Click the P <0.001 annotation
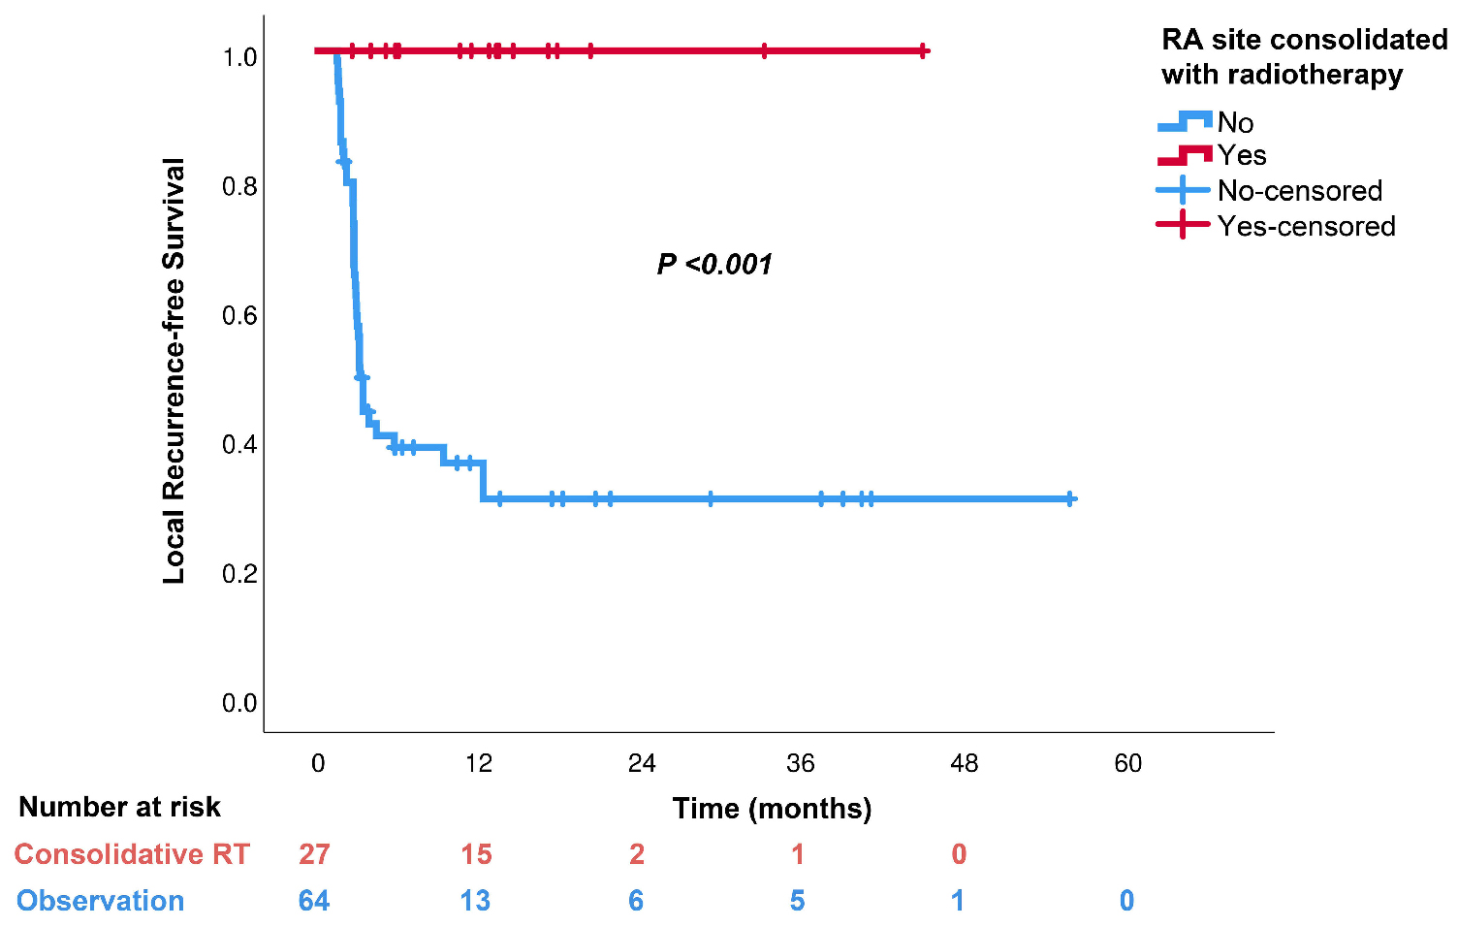[x=714, y=264]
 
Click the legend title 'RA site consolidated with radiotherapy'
[x=1303, y=57]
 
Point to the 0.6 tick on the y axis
[x=239, y=315]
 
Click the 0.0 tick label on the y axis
[x=239, y=702]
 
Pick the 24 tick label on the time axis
[x=641, y=763]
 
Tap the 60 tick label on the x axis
[x=1127, y=763]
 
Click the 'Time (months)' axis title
[x=772, y=808]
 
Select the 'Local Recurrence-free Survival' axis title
[x=174, y=370]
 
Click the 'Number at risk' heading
[x=120, y=807]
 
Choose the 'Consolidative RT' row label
[x=132, y=854]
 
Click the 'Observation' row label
[x=101, y=901]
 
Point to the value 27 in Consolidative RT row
[x=314, y=854]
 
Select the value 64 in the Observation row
[x=314, y=901]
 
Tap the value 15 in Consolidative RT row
[x=476, y=854]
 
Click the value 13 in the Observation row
[x=475, y=901]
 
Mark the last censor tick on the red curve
[x=923, y=50]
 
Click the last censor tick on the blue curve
[x=1069, y=498]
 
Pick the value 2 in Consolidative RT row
[x=636, y=854]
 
